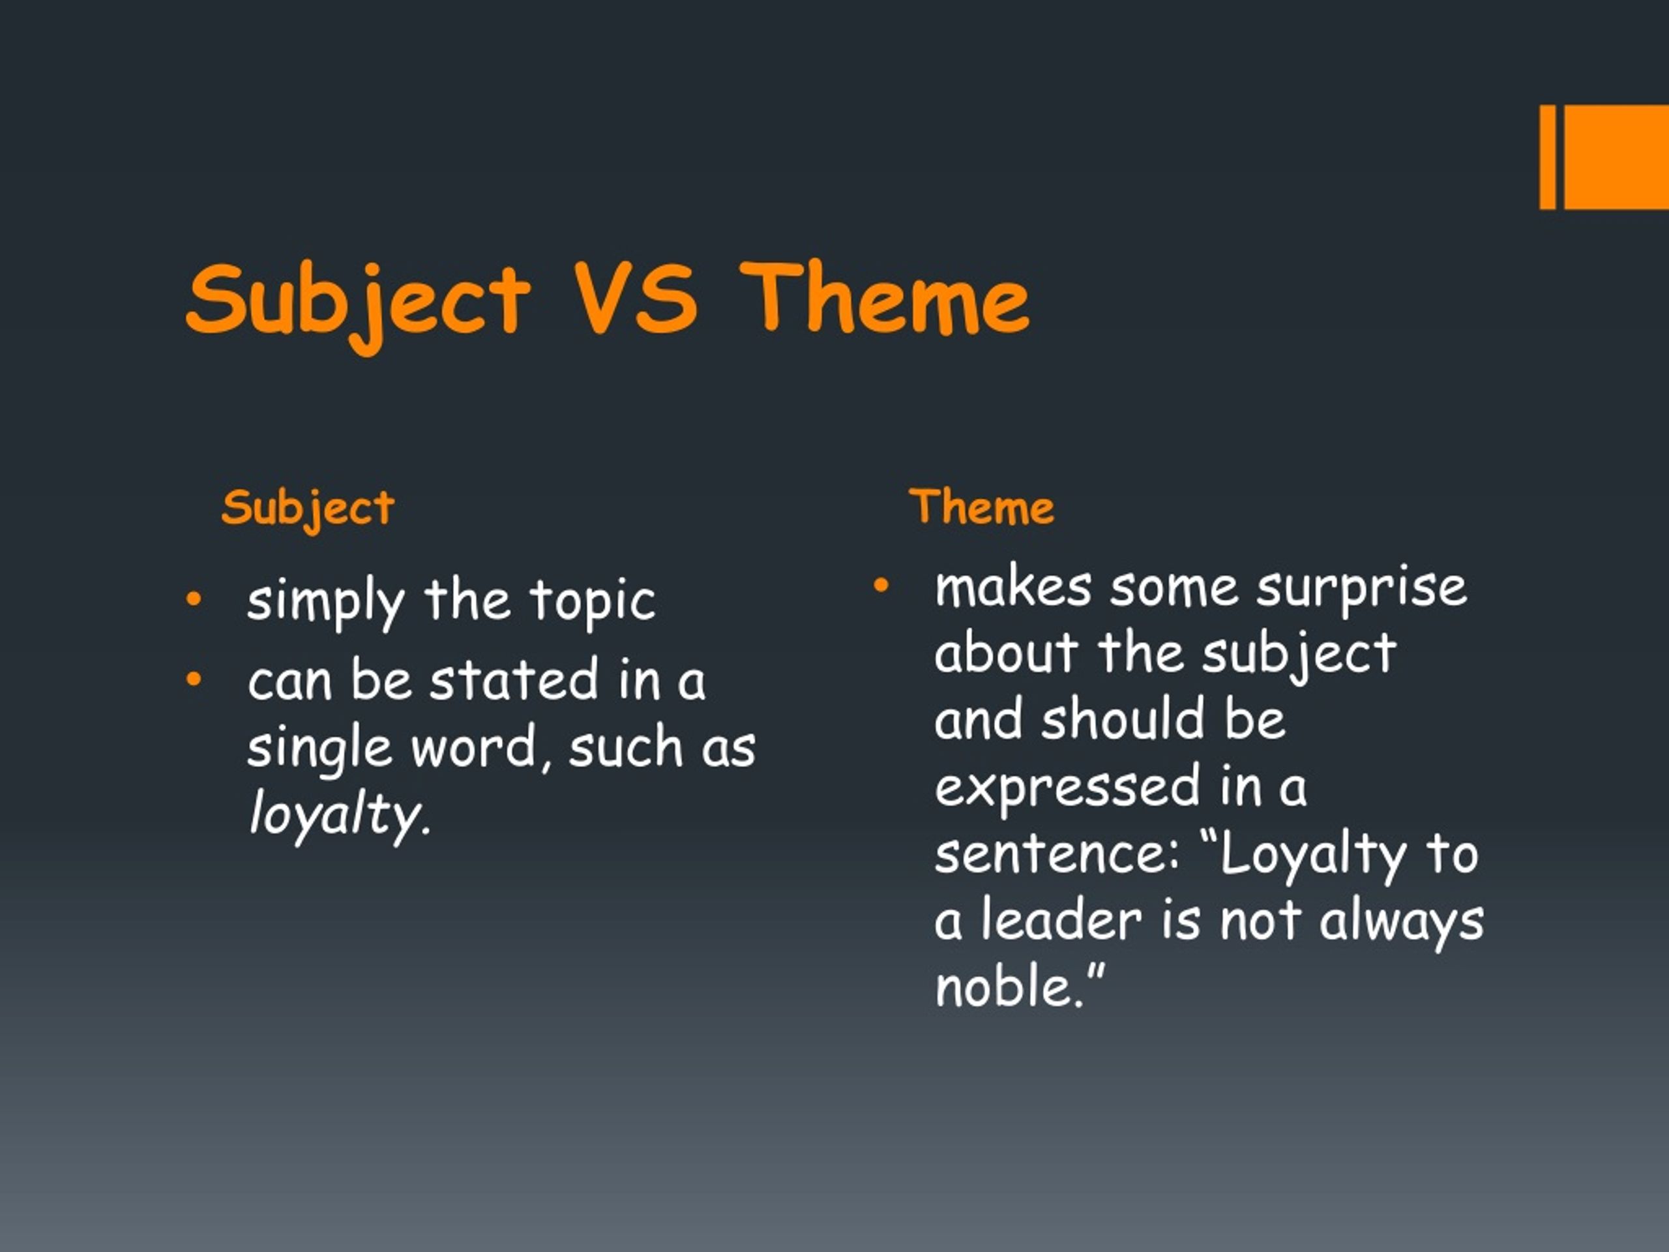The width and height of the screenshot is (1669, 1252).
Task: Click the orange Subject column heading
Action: pos(308,508)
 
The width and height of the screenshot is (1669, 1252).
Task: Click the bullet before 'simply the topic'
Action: pos(194,599)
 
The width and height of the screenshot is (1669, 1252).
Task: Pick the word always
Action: pos(1401,922)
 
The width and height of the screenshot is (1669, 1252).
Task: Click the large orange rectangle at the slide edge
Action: pos(1616,157)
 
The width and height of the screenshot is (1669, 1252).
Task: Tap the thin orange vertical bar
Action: pos(1548,157)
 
